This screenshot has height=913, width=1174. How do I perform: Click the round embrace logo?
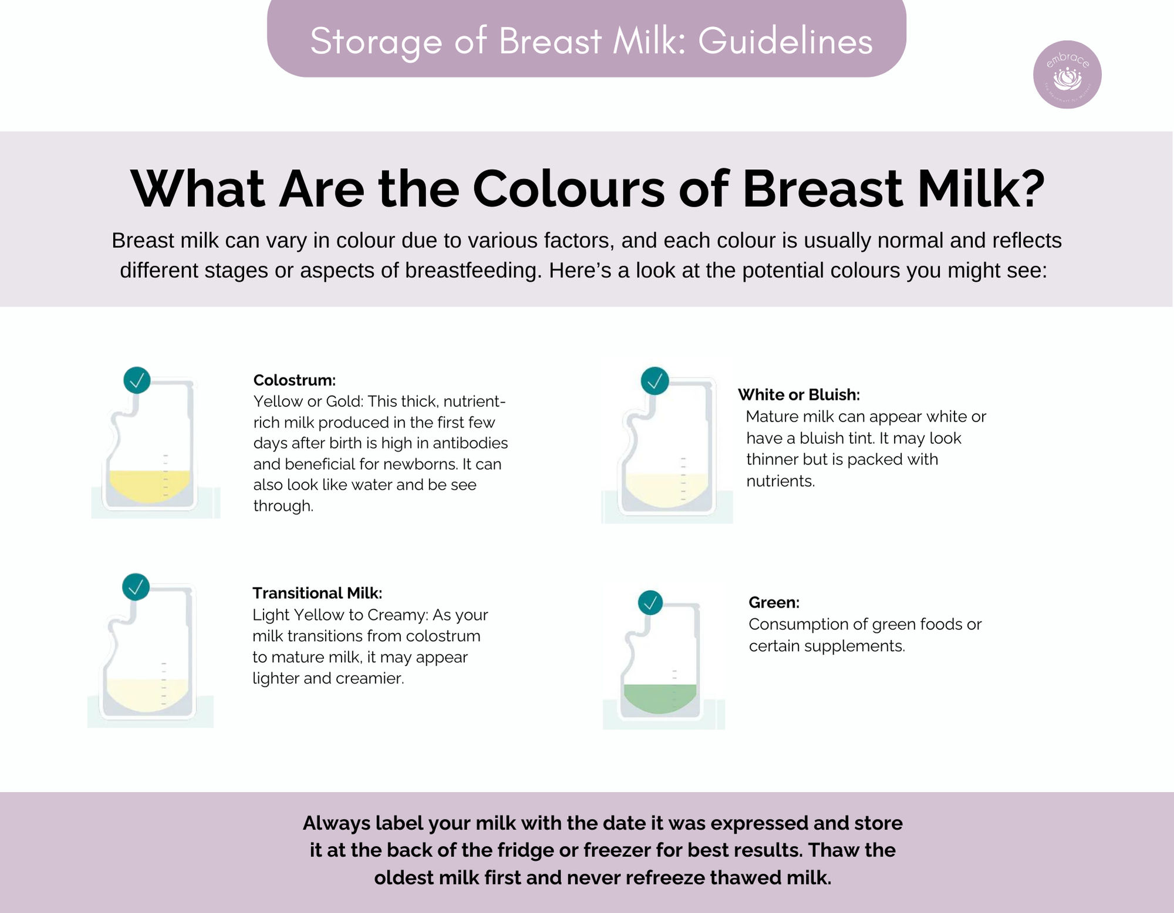[1067, 75]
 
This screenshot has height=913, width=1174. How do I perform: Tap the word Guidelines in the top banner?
[785, 42]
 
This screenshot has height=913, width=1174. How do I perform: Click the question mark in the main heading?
[1030, 189]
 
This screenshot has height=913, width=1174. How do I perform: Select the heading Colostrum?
[295, 380]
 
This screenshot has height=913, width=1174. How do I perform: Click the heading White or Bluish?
[799, 395]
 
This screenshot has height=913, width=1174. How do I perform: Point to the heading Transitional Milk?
[317, 593]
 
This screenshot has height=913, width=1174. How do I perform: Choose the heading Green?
[774, 602]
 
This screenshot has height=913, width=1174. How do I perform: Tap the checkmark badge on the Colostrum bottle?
[137, 380]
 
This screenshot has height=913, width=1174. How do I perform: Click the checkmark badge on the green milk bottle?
[650, 602]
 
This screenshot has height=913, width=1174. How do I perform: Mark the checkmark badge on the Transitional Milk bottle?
[136, 587]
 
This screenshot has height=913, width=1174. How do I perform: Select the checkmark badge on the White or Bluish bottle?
[655, 381]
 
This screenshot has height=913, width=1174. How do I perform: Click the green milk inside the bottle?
[660, 698]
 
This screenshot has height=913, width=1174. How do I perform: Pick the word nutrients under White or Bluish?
[781, 481]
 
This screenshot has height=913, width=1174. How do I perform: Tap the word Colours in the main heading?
[569, 189]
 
